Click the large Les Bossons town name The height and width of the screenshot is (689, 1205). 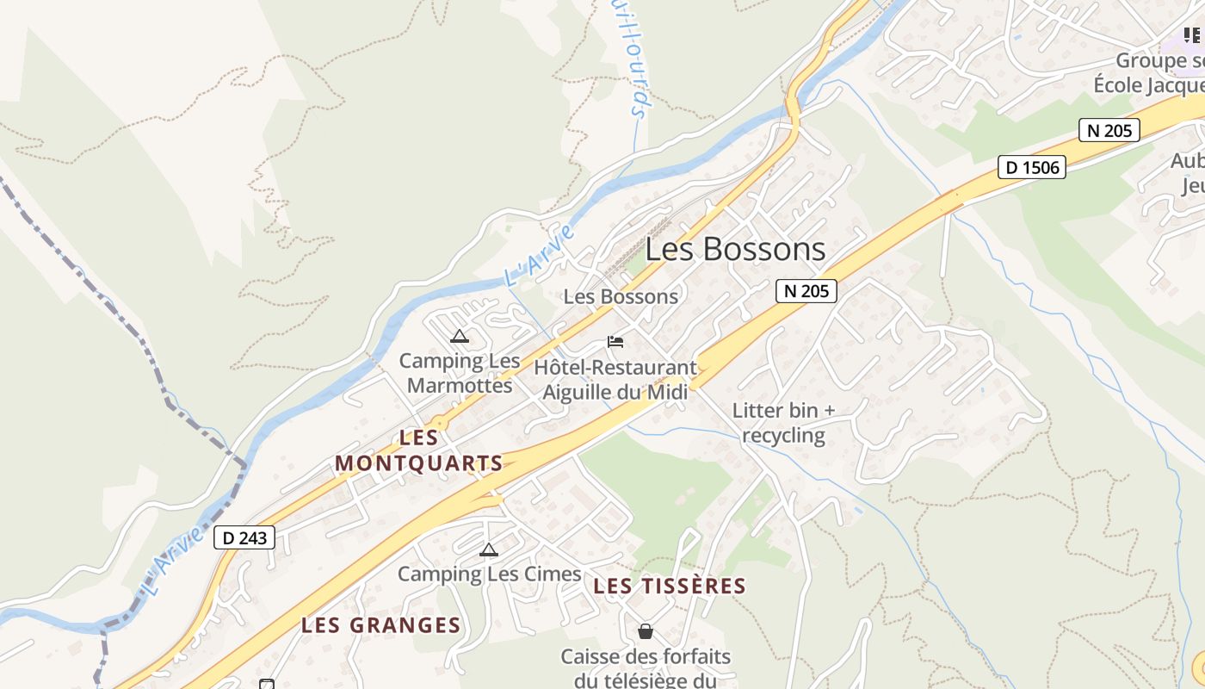[x=735, y=250]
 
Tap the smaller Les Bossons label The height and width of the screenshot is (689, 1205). [x=621, y=296]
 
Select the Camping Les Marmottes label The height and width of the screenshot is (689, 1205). [x=460, y=373]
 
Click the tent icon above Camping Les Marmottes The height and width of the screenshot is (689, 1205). [x=460, y=336]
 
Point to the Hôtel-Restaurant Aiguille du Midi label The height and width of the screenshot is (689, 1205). [x=615, y=379]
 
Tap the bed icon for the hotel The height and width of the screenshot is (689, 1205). [x=615, y=342]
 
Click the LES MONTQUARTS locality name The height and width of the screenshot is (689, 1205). [x=419, y=450]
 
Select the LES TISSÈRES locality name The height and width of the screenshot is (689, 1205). [x=670, y=587]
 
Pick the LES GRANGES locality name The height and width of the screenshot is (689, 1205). [x=381, y=625]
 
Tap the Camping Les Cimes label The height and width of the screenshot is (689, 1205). [x=488, y=574]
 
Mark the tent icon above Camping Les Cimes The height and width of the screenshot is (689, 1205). [x=489, y=550]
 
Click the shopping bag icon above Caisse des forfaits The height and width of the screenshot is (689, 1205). [x=646, y=632]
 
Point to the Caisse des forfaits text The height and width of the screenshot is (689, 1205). [x=646, y=668]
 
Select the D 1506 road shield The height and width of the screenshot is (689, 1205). [x=1032, y=167]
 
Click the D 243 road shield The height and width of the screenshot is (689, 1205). [x=244, y=537]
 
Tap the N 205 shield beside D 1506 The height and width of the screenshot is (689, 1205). [x=1109, y=130]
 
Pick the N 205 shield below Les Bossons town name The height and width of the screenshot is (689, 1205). [x=806, y=291]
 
